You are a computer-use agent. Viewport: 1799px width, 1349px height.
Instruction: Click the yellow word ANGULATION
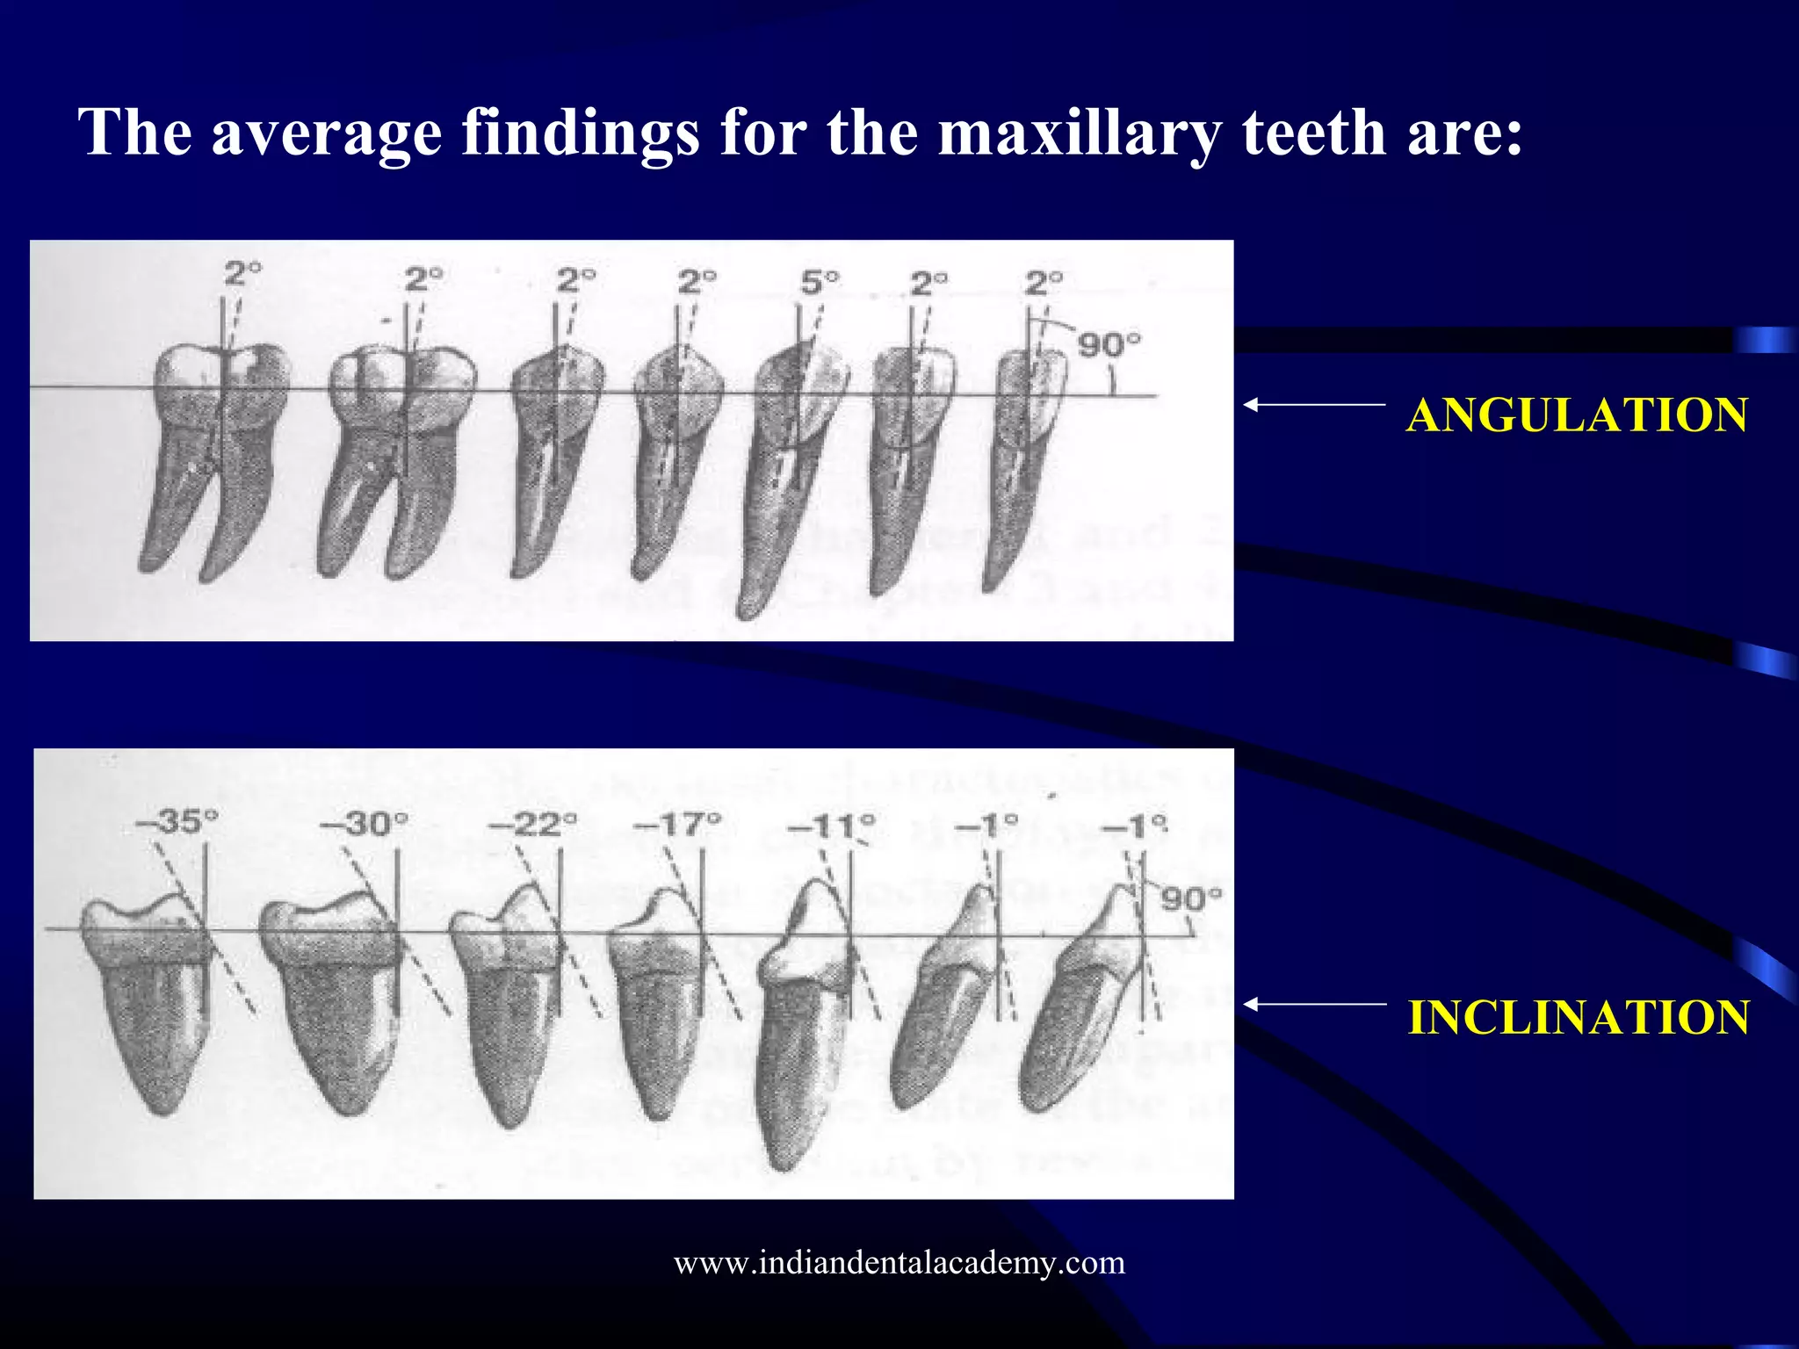click(1577, 415)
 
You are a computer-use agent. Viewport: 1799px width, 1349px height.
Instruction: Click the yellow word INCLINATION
click(1579, 1017)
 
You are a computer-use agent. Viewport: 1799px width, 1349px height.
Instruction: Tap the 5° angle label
click(819, 283)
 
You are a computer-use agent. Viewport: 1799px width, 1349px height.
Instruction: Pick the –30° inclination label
click(363, 824)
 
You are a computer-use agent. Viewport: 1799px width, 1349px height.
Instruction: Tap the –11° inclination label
click(831, 826)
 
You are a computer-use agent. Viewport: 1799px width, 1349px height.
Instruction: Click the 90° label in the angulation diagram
click(1109, 344)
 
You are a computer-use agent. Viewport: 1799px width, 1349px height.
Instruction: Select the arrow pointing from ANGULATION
click(1314, 405)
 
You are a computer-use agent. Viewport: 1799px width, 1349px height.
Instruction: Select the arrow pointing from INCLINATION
click(1314, 1004)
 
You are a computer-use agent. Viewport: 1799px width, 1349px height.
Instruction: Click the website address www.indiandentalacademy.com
click(899, 1262)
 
